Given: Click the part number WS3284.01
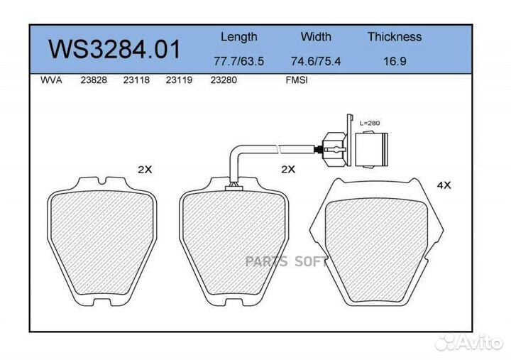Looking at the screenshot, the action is (114, 49).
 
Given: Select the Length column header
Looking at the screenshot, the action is (239, 37).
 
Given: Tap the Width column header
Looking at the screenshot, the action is (316, 36).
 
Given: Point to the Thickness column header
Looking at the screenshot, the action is (395, 36).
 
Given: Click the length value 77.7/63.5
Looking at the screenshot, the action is (238, 61).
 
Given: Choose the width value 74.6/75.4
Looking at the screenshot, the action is (315, 61).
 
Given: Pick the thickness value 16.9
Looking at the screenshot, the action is (395, 61).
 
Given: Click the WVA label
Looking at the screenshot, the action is (51, 80).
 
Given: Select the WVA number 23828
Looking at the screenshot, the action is (94, 80).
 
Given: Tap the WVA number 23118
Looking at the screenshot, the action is (136, 80).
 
